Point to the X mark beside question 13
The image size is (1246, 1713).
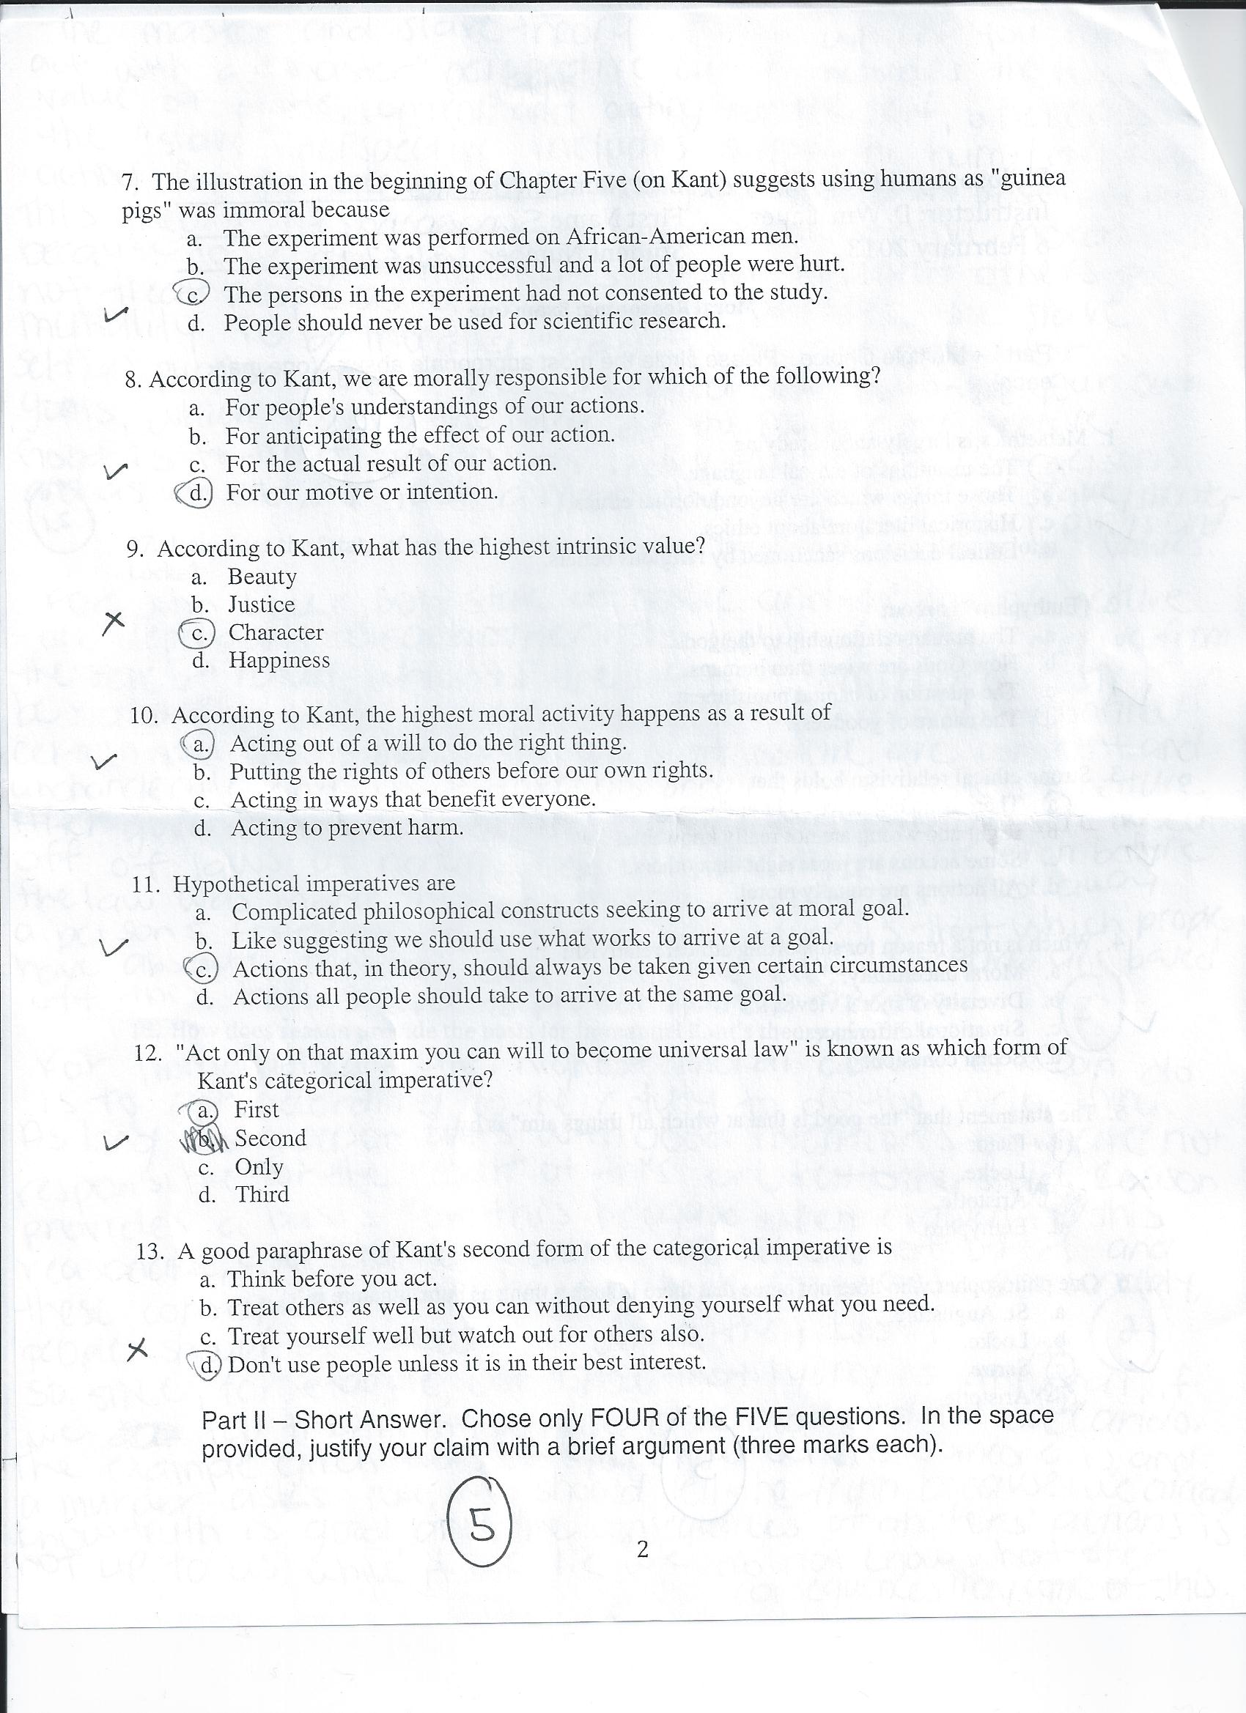[136, 1350]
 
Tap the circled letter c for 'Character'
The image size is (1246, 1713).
[198, 634]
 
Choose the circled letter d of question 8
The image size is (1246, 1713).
[197, 493]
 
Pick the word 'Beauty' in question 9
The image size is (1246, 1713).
[262, 577]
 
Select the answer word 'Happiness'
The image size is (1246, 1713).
[279, 661]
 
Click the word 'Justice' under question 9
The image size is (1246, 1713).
[262, 605]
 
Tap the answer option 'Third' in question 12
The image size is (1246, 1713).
[262, 1195]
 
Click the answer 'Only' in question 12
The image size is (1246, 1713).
[259, 1167]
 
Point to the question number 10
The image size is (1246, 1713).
[143, 715]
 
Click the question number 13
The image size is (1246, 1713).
[150, 1251]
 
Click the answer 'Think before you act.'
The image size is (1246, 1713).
[333, 1279]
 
